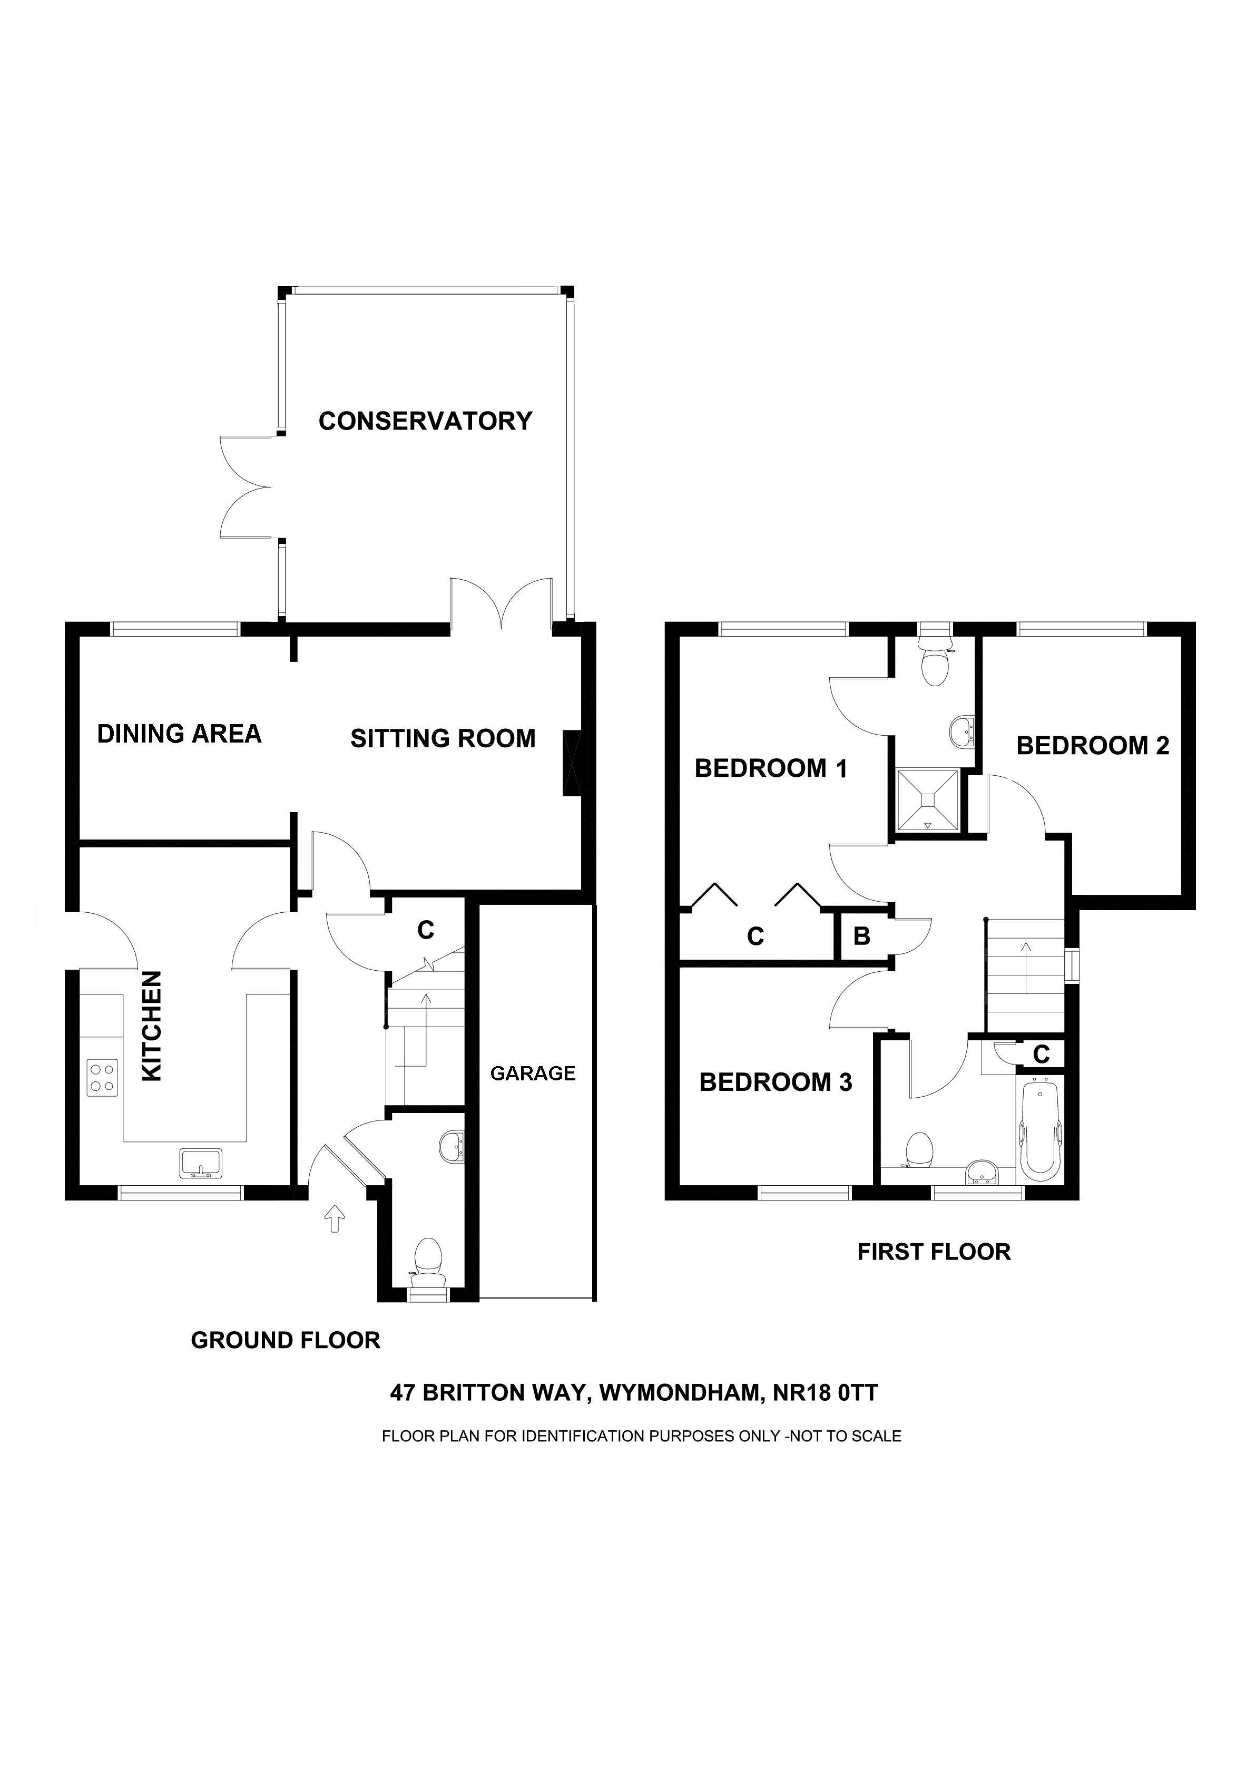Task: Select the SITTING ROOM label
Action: (443, 739)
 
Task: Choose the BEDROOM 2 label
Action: (1092, 746)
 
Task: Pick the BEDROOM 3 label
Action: (776, 1082)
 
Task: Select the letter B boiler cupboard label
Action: (861, 936)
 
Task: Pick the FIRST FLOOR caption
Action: (934, 1252)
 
